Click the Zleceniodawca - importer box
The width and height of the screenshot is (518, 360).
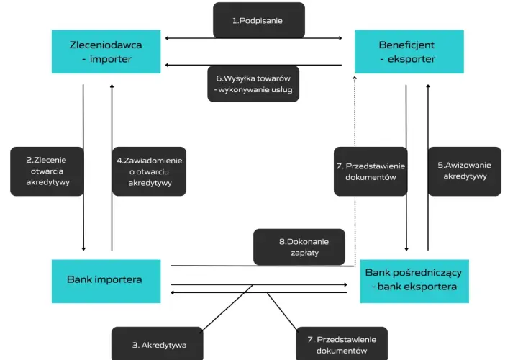pyautogui.click(x=106, y=52)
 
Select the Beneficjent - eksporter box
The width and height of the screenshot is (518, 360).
pyautogui.click(x=409, y=52)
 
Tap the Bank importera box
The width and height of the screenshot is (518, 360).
pyautogui.click(x=106, y=281)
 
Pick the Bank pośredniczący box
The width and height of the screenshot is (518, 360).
pyautogui.click(x=414, y=281)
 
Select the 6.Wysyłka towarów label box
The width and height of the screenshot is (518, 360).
pyautogui.click(x=253, y=84)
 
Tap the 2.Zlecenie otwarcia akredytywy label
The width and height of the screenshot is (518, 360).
pyautogui.click(x=47, y=171)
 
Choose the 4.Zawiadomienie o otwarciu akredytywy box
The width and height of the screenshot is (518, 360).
pyautogui.click(x=149, y=171)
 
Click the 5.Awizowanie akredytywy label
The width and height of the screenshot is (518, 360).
pyautogui.click(x=465, y=171)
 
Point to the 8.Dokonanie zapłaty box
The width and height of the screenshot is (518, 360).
pyautogui.click(x=299, y=247)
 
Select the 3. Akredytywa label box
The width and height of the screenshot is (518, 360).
pyautogui.click(x=158, y=343)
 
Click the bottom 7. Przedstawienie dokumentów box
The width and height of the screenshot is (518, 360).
pyautogui.click(x=342, y=343)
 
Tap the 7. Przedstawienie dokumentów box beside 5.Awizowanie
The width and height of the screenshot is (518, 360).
pyautogui.click(x=371, y=171)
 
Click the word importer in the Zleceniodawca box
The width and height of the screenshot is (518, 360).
pyautogui.click(x=111, y=59)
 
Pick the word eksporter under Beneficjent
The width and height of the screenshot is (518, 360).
pyautogui.click(x=412, y=59)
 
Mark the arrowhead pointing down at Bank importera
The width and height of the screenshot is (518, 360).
pyautogui.click(x=83, y=248)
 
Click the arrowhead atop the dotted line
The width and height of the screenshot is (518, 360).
pyautogui.click(x=355, y=78)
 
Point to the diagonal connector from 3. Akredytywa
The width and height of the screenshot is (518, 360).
pyautogui.click(x=227, y=307)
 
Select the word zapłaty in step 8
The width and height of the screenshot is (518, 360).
pyautogui.click(x=304, y=253)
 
